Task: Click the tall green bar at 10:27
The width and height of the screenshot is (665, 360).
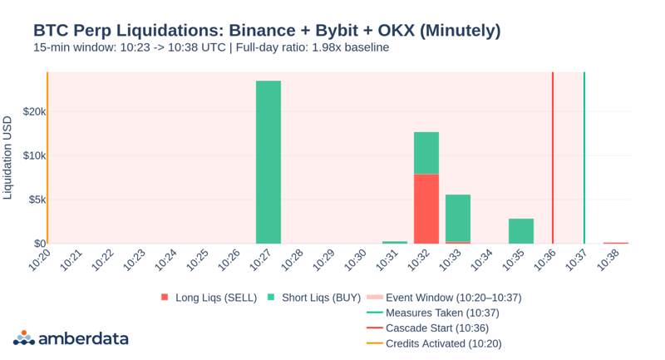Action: [x=268, y=162]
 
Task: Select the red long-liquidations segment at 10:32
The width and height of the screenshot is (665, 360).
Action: [x=426, y=209]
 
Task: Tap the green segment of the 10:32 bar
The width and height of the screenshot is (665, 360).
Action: [x=426, y=153]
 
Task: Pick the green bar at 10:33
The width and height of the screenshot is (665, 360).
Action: [x=458, y=218]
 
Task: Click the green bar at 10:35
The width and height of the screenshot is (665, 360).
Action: [x=521, y=231]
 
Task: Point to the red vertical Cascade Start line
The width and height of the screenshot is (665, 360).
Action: [x=553, y=158]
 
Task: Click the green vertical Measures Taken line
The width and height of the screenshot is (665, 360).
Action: [x=584, y=158]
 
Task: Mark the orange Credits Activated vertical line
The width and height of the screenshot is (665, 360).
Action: [x=47, y=158]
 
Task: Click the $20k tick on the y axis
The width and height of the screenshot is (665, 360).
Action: [x=33, y=111]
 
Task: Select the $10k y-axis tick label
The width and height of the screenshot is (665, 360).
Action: [x=33, y=155]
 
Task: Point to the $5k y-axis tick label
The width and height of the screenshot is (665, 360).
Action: [x=36, y=200]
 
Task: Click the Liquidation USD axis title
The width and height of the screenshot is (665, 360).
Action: [x=8, y=158]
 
